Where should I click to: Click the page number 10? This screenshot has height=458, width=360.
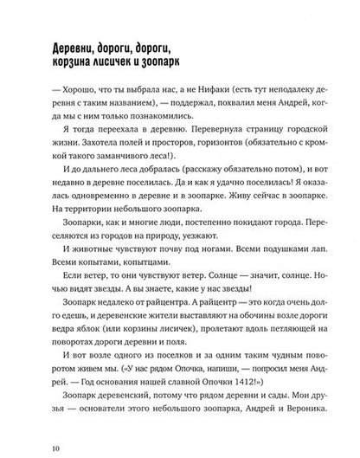point(55,448)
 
